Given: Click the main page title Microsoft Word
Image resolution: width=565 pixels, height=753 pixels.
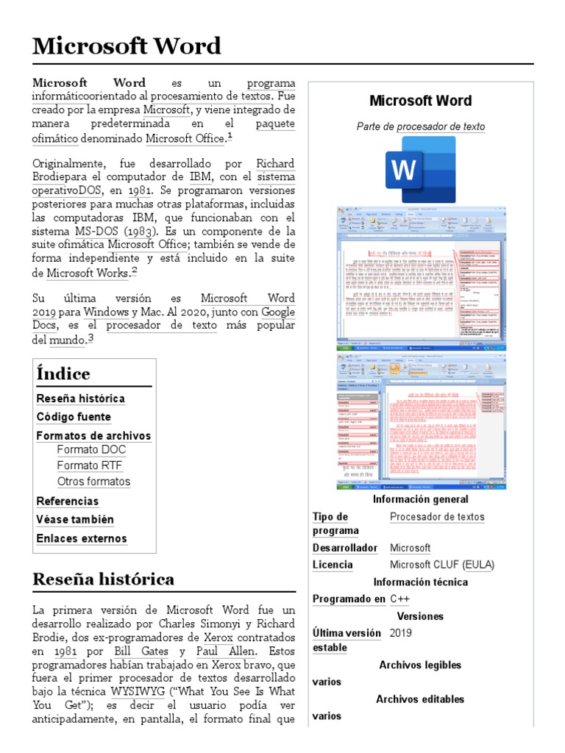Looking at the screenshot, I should click(x=127, y=46).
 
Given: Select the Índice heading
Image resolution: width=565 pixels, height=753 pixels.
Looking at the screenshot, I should click(x=63, y=374).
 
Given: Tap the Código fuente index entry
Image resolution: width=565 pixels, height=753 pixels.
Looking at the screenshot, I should click(x=74, y=417).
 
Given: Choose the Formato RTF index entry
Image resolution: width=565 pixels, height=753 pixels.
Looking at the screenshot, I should click(x=89, y=465).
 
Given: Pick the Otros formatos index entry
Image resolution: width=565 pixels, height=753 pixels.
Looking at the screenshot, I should click(x=93, y=482).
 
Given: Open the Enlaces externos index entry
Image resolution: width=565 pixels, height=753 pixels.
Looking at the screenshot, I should click(x=82, y=538).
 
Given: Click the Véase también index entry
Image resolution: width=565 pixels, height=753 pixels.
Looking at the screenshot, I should click(x=75, y=519).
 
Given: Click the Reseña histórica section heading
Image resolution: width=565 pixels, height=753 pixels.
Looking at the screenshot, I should click(x=103, y=579).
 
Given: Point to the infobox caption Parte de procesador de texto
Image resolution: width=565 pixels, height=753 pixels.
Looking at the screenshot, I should click(x=420, y=126).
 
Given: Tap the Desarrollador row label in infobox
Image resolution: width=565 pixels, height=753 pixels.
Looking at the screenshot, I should click(x=344, y=548).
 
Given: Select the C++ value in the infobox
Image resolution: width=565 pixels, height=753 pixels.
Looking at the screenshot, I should click(x=399, y=599).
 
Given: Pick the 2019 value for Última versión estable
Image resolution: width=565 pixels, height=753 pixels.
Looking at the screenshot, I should click(x=401, y=632).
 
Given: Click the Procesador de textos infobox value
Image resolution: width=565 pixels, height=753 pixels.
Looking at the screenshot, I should click(x=437, y=517).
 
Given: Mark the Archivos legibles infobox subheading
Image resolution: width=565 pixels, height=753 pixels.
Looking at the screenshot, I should click(x=420, y=665).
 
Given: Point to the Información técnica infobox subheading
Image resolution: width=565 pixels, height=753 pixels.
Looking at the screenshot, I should click(x=420, y=582).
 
